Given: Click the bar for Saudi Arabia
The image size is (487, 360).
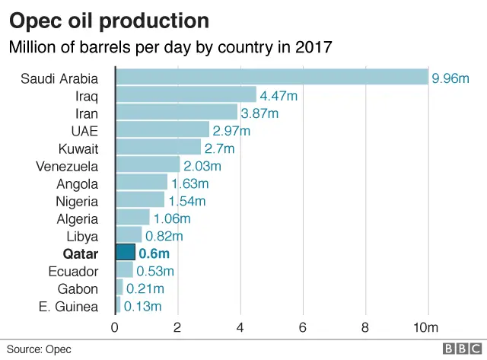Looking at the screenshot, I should pos(272,77).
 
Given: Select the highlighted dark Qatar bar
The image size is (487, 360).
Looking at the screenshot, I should pos(125,253).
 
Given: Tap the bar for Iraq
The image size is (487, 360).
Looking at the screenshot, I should pos(186,94).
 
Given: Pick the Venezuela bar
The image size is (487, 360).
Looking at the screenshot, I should pos(148,165).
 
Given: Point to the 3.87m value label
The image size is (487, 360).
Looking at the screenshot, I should pos(259,113).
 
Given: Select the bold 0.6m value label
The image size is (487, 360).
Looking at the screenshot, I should pos(154,253).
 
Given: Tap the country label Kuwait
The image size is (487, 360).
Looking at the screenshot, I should pos(78,148).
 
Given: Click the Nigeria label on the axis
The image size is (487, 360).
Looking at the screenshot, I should pos(77,201).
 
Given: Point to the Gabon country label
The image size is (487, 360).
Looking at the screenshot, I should pos(78,288).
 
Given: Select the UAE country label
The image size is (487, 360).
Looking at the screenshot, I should pos(84,130).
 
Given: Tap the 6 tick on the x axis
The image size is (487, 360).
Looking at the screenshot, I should pos(303,327).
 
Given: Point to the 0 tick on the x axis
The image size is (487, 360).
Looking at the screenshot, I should pos(115,327).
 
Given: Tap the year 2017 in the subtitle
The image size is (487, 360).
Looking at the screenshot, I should pos(310,47).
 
